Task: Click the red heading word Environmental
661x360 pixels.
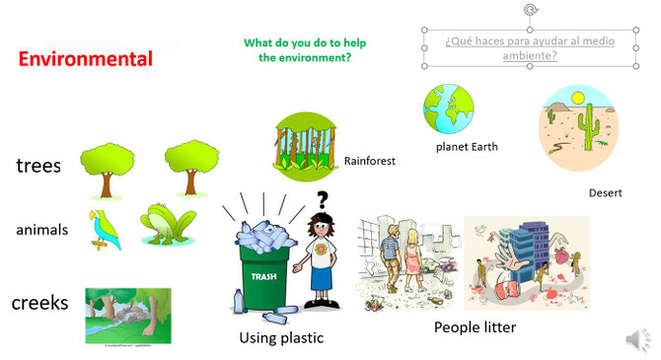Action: click(86, 59)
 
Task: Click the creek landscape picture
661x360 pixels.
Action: click(127, 316)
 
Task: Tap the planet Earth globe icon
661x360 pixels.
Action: click(449, 108)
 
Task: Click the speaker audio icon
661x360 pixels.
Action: click(637, 340)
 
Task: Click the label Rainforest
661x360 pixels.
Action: click(369, 160)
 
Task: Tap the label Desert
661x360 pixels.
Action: click(605, 193)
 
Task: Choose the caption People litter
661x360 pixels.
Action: click(475, 326)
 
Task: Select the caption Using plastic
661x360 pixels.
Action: click(281, 338)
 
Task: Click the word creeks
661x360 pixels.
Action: click(39, 302)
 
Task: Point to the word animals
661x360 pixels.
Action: click(41, 230)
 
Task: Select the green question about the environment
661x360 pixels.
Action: click(298, 50)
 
